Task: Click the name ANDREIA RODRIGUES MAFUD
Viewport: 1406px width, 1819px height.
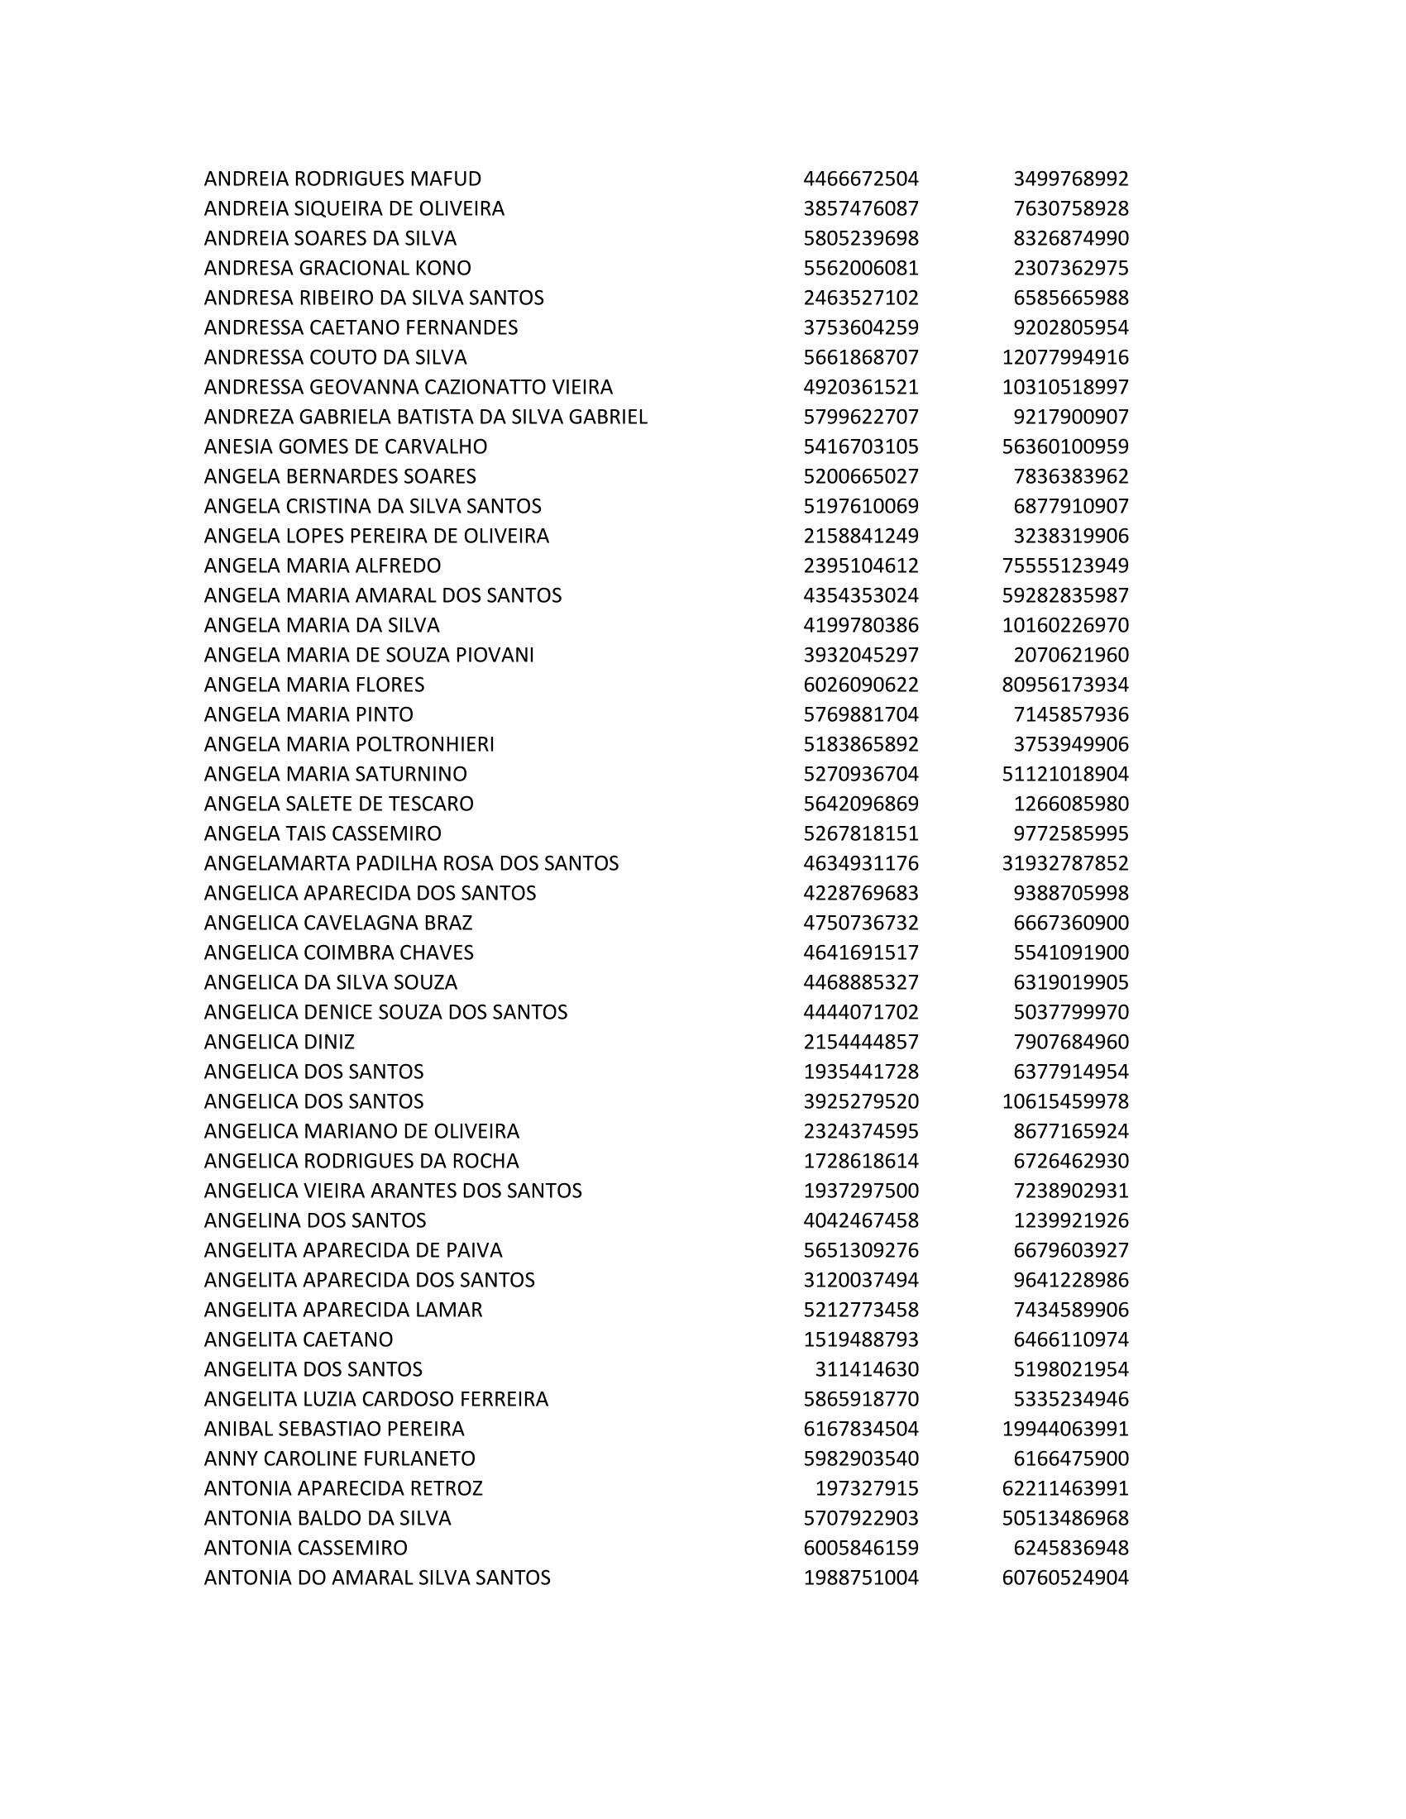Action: click(342, 179)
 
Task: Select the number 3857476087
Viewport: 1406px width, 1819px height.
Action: click(860, 208)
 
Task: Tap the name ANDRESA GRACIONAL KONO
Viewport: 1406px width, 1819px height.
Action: click(337, 268)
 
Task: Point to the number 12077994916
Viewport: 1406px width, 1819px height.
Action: click(1064, 357)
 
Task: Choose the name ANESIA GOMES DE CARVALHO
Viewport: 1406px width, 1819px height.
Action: click(346, 446)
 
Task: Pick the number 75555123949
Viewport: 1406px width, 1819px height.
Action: click(1064, 566)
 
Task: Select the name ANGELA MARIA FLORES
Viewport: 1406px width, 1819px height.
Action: click(314, 685)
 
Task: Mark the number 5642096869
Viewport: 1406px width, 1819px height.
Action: click(860, 804)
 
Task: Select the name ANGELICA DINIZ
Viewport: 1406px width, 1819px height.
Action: click(279, 1042)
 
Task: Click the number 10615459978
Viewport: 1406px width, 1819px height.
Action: click(1064, 1101)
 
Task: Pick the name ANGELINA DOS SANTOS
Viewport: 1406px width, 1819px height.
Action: click(315, 1220)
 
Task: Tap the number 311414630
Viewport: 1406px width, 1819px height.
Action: click(866, 1369)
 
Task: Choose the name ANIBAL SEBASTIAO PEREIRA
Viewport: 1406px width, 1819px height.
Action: click(334, 1430)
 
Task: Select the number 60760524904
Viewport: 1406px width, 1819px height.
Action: click(1064, 1578)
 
